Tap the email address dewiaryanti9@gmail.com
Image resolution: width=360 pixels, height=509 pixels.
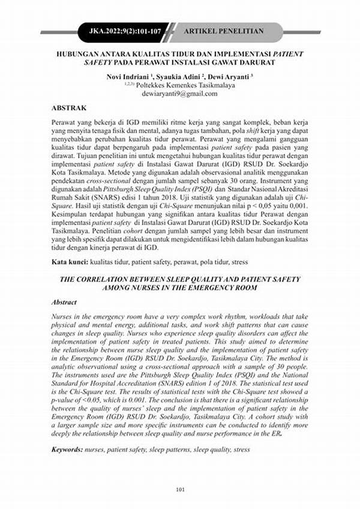181,94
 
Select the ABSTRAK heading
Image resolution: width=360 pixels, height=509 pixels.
69,108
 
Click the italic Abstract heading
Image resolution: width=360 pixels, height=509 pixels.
64,303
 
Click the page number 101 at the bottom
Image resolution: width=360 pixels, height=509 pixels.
180,490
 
